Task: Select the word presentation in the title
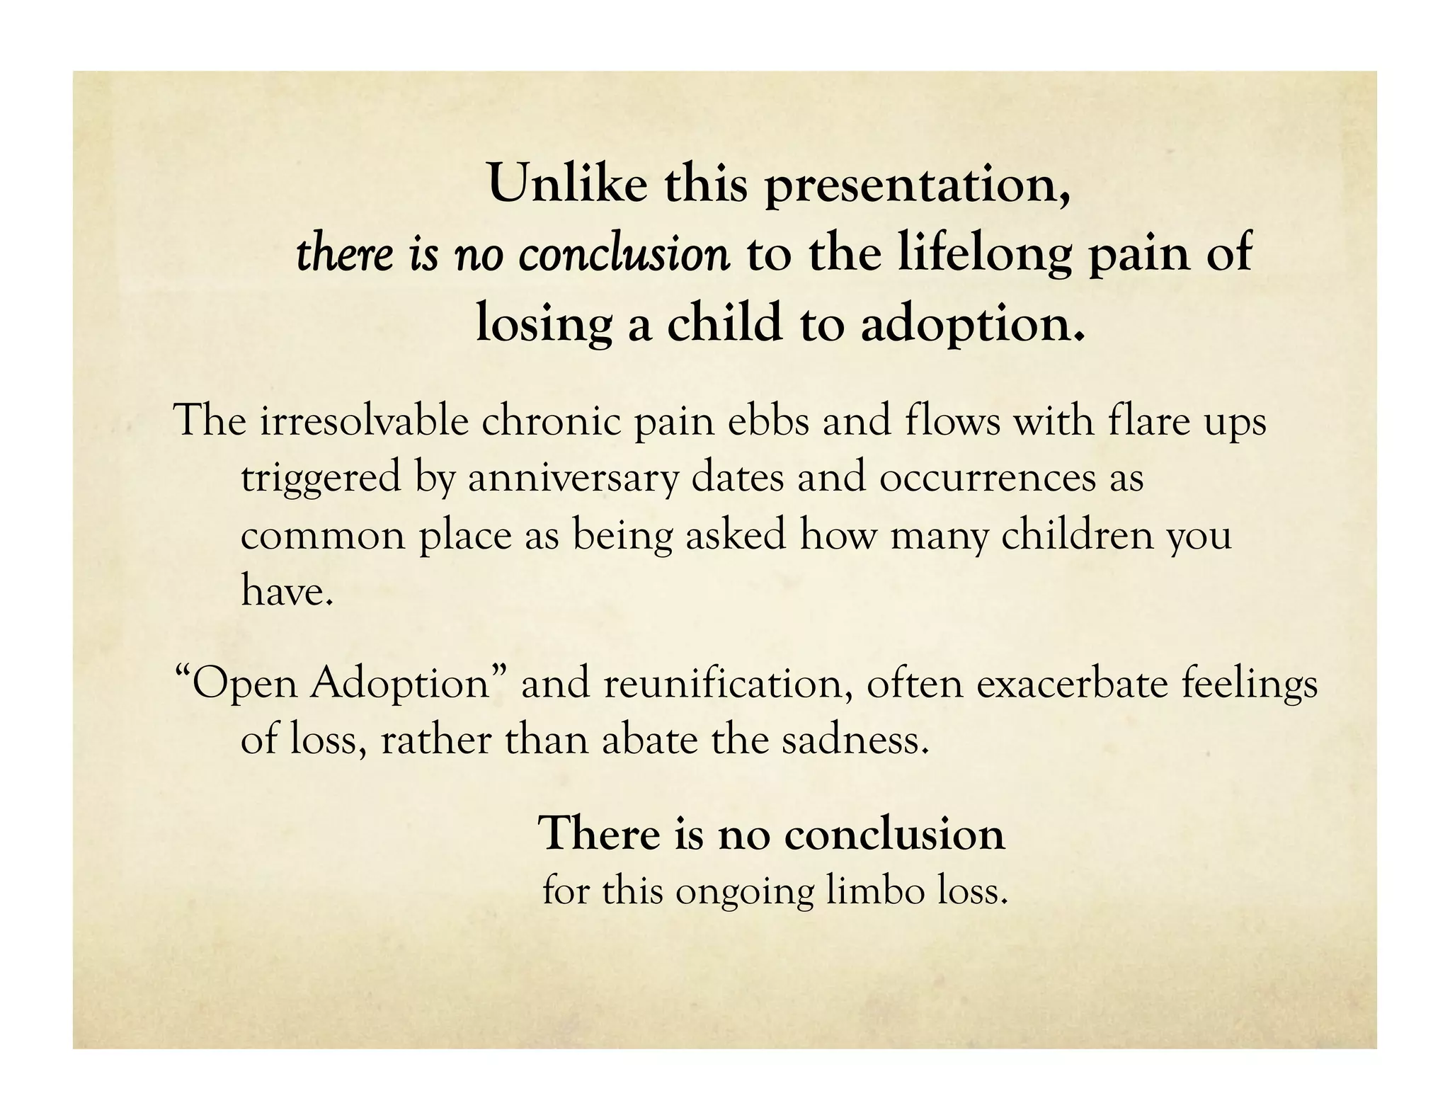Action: (x=918, y=185)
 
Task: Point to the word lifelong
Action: (x=986, y=254)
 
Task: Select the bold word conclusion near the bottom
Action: (x=894, y=834)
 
